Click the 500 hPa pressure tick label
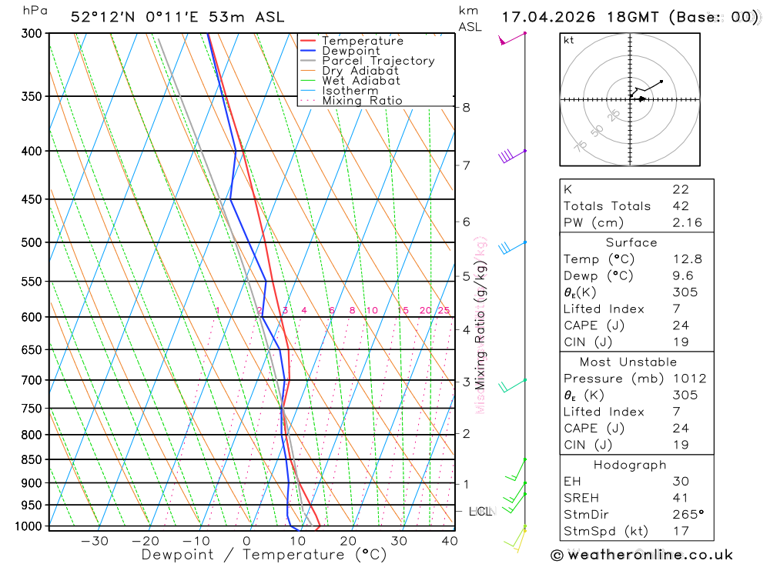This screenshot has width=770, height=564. pyautogui.click(x=31, y=242)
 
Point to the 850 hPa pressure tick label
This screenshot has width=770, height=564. pyautogui.click(x=31, y=460)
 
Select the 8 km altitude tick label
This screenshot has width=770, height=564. pyautogui.click(x=466, y=107)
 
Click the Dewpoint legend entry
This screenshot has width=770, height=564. pyautogui.click(x=350, y=51)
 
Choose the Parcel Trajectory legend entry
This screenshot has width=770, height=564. pyautogui.click(x=378, y=61)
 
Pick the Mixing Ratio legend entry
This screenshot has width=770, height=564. pyautogui.click(x=362, y=101)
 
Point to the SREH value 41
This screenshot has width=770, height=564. pyautogui.click(x=680, y=498)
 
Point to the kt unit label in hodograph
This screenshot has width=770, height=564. pyautogui.click(x=569, y=40)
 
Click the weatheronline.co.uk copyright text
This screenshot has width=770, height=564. pyautogui.click(x=642, y=555)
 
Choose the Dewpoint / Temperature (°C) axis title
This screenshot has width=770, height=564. pyautogui.click(x=264, y=554)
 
